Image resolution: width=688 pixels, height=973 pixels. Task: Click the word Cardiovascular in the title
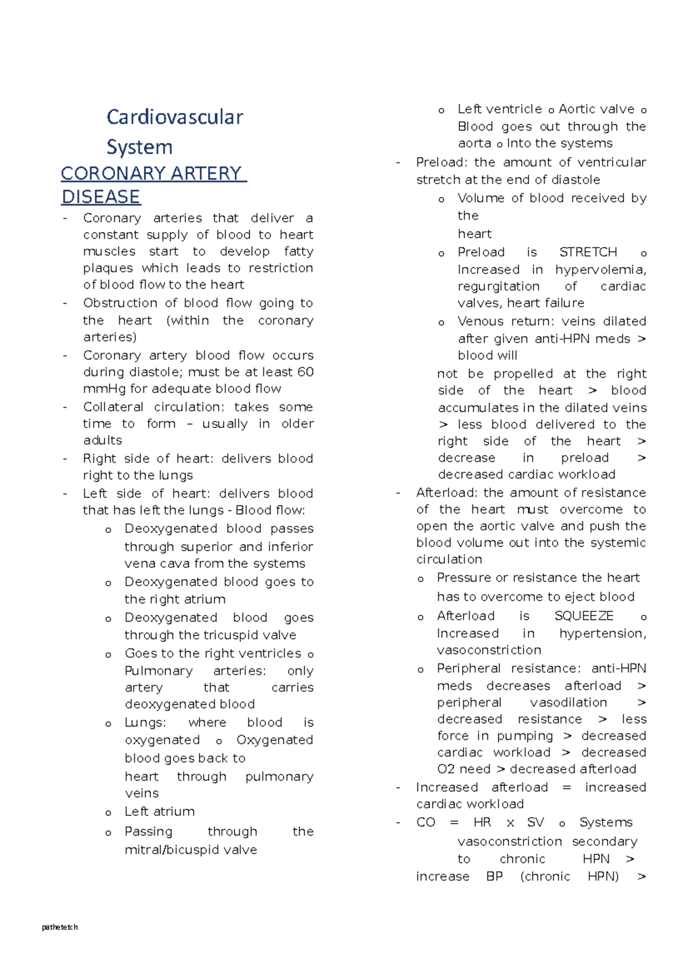(x=175, y=117)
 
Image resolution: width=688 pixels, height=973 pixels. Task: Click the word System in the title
(x=139, y=147)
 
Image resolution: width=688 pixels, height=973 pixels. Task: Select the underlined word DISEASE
(x=100, y=197)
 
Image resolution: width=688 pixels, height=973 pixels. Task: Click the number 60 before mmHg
(x=306, y=372)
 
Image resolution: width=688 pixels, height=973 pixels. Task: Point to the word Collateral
(x=114, y=407)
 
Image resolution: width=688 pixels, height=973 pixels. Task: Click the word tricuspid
(x=231, y=635)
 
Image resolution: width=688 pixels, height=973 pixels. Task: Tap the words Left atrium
(x=159, y=811)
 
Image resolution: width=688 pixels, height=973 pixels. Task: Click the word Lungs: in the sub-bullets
(x=145, y=723)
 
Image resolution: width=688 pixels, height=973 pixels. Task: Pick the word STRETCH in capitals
(x=588, y=252)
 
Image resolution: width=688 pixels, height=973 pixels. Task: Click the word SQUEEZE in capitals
(x=584, y=616)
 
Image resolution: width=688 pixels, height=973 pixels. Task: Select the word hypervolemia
(x=600, y=270)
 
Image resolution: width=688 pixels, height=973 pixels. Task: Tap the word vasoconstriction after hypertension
(x=488, y=650)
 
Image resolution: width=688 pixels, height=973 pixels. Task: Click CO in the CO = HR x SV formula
(x=425, y=822)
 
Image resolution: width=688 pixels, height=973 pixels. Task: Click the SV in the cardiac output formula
(x=535, y=822)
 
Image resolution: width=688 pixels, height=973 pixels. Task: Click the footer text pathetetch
(x=60, y=927)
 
